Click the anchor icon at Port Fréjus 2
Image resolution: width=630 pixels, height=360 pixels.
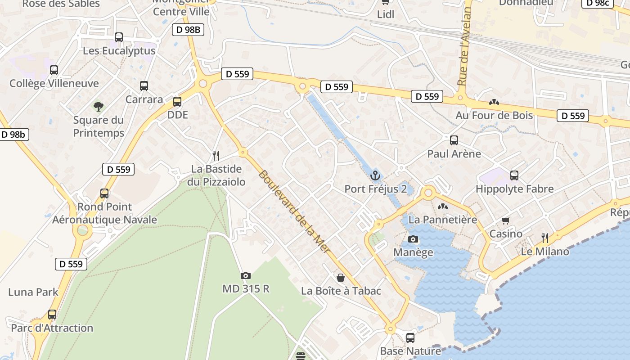click(x=375, y=175)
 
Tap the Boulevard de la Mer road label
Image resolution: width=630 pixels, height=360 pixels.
click(x=294, y=212)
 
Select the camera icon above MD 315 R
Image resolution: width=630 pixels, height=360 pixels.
click(x=245, y=275)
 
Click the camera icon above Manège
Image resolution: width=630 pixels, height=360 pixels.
click(x=413, y=239)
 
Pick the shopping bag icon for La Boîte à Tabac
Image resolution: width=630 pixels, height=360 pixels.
click(x=341, y=278)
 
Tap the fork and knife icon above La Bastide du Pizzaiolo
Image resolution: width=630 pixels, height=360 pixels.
click(x=216, y=156)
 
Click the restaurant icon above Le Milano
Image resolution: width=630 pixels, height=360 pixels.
click(x=544, y=238)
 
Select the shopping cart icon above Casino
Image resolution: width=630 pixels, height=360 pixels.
click(x=506, y=220)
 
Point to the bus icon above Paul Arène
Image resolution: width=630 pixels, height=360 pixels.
click(x=454, y=140)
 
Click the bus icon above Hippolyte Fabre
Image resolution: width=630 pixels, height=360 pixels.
click(x=514, y=175)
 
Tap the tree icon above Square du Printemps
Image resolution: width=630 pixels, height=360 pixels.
click(x=99, y=107)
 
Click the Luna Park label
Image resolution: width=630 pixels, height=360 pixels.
click(x=33, y=292)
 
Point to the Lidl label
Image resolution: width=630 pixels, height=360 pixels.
click(x=386, y=14)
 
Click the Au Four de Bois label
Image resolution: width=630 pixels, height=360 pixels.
click(x=494, y=116)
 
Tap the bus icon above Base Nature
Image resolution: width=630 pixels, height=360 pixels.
click(x=410, y=337)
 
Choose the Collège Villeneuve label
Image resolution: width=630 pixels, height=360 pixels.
click(x=54, y=83)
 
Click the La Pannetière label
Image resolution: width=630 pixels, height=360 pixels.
click(x=442, y=220)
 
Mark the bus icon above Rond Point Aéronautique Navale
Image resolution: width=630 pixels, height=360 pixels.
click(x=104, y=193)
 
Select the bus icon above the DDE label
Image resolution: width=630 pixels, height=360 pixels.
click(x=177, y=102)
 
